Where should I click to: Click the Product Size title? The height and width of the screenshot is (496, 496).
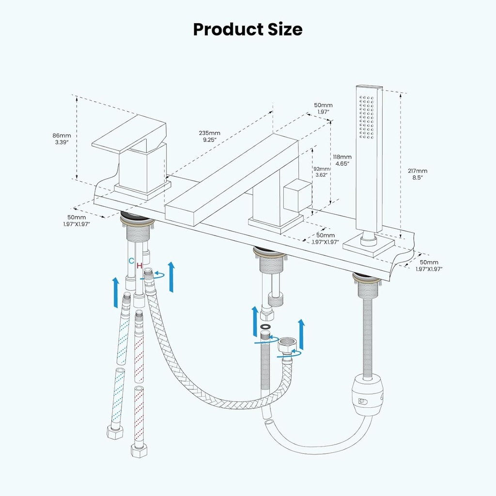(248, 29)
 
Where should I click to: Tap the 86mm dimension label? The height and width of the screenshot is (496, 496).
(62, 135)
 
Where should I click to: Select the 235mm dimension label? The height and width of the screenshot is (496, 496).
(209, 133)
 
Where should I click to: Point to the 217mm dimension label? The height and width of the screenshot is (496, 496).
(418, 170)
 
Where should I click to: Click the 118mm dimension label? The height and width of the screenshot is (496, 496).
(342, 157)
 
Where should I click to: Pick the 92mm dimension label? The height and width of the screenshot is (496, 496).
(321, 169)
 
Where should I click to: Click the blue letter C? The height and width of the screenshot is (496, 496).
(131, 261)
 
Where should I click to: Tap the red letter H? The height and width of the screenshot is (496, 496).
(139, 265)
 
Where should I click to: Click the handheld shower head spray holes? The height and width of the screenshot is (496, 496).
(367, 118)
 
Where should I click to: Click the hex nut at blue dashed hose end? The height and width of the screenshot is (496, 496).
(115, 431)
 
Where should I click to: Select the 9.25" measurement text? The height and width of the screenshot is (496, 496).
(209, 139)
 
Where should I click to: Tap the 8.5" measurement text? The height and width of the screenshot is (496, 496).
(418, 178)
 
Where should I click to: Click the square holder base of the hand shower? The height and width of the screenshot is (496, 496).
(368, 245)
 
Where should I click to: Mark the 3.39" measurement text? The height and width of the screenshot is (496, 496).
(62, 142)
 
